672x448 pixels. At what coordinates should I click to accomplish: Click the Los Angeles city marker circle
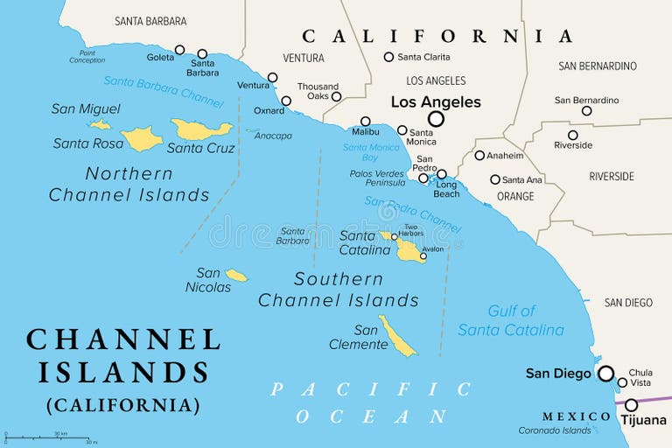click(x=436, y=119)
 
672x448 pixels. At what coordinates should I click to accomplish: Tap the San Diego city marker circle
click(x=605, y=374)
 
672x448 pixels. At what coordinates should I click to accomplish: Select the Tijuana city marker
click(x=631, y=405)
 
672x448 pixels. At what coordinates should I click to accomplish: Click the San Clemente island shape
click(x=397, y=337)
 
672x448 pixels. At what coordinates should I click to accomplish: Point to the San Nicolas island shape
click(x=236, y=276)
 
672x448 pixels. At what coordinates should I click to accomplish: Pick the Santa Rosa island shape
click(x=141, y=138)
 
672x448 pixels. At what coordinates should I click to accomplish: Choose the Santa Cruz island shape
click(x=201, y=129)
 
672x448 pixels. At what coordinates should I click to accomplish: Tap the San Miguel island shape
click(x=101, y=125)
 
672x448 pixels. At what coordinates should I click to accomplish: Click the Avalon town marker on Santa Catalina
click(x=423, y=256)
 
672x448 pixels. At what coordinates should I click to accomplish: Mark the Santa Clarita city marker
click(x=388, y=57)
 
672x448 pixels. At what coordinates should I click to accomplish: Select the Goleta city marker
click(x=179, y=50)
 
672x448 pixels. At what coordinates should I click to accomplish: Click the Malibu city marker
click(x=365, y=122)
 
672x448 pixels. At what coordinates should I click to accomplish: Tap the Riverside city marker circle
click(x=572, y=135)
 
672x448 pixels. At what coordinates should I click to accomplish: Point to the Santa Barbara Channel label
click(x=163, y=91)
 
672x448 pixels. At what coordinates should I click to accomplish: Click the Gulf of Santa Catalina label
click(x=511, y=320)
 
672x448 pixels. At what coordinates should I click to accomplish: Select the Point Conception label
click(x=87, y=56)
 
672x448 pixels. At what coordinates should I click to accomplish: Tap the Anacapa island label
click(x=273, y=136)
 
